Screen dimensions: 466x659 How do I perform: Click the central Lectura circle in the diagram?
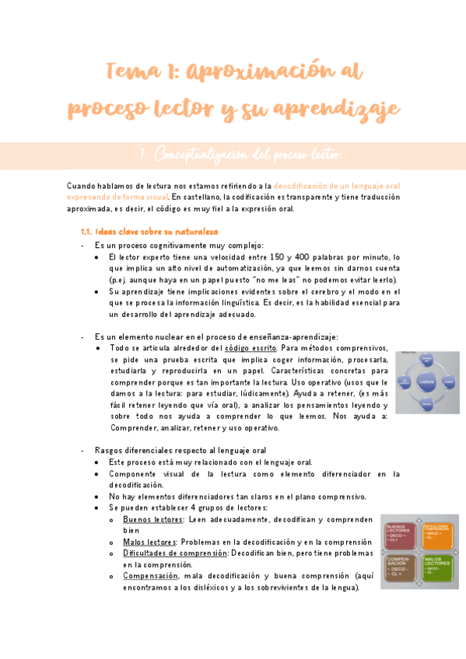tap(426, 382)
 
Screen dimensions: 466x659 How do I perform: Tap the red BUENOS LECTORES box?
tap(401, 531)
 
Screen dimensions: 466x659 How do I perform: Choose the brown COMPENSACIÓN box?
tap(401, 570)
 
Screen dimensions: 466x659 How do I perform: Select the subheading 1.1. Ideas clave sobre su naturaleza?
tap(149, 232)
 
